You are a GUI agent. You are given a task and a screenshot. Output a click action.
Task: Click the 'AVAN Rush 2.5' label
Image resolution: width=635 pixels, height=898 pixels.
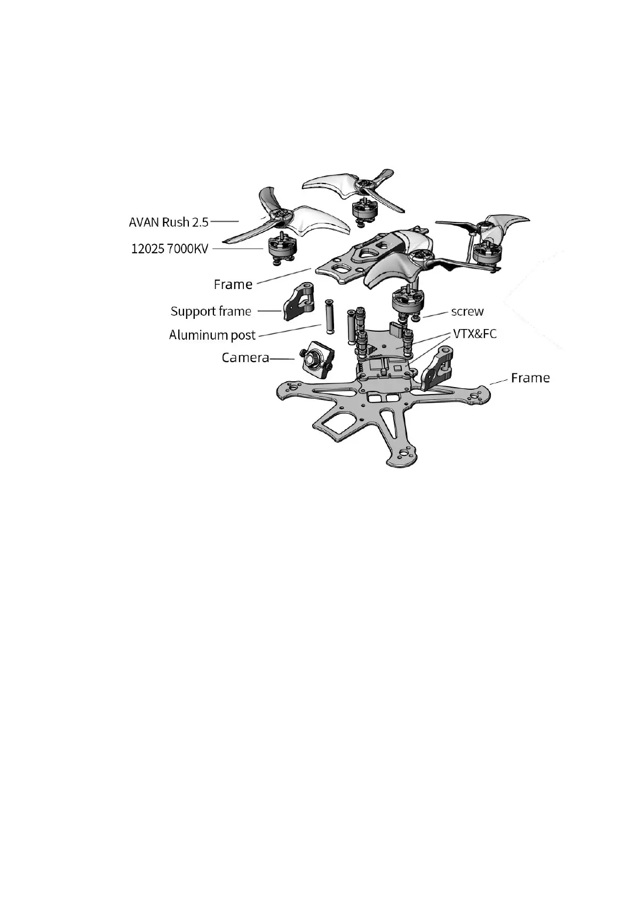coord(169,222)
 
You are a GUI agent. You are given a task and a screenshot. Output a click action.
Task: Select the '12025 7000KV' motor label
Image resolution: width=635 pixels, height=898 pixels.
coord(170,248)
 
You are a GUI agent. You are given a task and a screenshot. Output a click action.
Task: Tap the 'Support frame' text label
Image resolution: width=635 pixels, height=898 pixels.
coord(211,311)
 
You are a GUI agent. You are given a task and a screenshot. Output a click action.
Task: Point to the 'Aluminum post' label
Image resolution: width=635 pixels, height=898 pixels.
coord(212,335)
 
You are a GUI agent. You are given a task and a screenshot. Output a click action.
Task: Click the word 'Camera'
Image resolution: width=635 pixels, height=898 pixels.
coord(245,357)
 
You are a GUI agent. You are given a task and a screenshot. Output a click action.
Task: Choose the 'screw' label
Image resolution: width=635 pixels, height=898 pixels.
coord(467,311)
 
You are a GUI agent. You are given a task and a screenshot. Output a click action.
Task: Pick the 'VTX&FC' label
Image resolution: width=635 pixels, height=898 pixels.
coord(474,334)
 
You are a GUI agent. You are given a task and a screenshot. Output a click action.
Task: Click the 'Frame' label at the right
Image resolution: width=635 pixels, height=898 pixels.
coord(530,378)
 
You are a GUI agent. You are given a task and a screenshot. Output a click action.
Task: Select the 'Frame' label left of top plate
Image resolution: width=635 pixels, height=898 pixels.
coord(233,284)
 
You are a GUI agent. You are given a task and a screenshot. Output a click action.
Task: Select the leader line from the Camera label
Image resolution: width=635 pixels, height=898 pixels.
coord(282,358)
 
